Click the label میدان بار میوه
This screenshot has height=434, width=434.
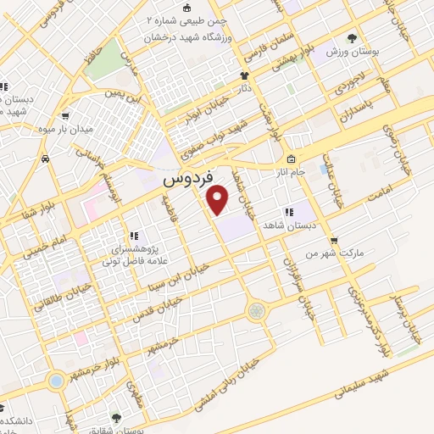tap(64, 128)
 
